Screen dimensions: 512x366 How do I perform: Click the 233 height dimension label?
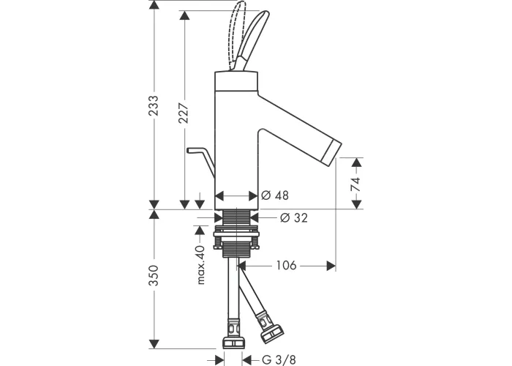click(x=154, y=105)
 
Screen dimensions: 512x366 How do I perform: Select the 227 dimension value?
click(x=184, y=113)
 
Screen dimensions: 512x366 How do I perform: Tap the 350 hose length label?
click(x=154, y=275)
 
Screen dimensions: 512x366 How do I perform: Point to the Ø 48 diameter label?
click(x=275, y=195)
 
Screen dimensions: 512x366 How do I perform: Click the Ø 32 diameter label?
click(x=294, y=217)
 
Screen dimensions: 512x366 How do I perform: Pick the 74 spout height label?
click(x=355, y=184)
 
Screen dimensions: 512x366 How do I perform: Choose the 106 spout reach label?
click(x=287, y=265)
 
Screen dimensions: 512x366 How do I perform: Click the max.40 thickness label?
click(x=200, y=265)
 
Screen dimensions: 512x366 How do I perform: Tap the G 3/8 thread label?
click(x=279, y=359)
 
